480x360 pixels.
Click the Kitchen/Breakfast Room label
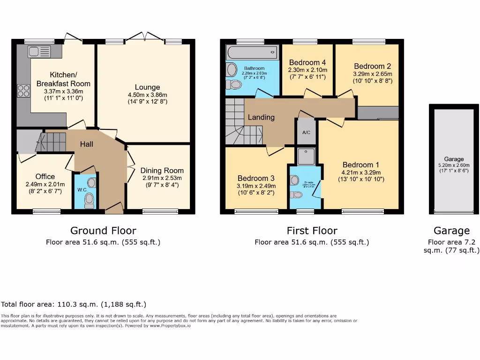63,79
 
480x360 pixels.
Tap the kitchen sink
35,51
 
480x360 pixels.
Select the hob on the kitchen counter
23,90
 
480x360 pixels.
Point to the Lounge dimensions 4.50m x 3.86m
148,95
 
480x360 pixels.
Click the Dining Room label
162,171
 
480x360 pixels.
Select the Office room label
45,176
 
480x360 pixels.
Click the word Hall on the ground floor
86,144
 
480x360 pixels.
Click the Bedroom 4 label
307,62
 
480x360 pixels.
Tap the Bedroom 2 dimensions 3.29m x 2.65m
373,74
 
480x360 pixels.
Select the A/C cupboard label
306,133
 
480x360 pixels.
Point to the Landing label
261,117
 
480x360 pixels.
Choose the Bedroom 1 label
361,165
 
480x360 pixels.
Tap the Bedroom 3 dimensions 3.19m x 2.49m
256,186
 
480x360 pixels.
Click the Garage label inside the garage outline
454,159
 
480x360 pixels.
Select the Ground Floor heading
103,230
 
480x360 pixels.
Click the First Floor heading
312,230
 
